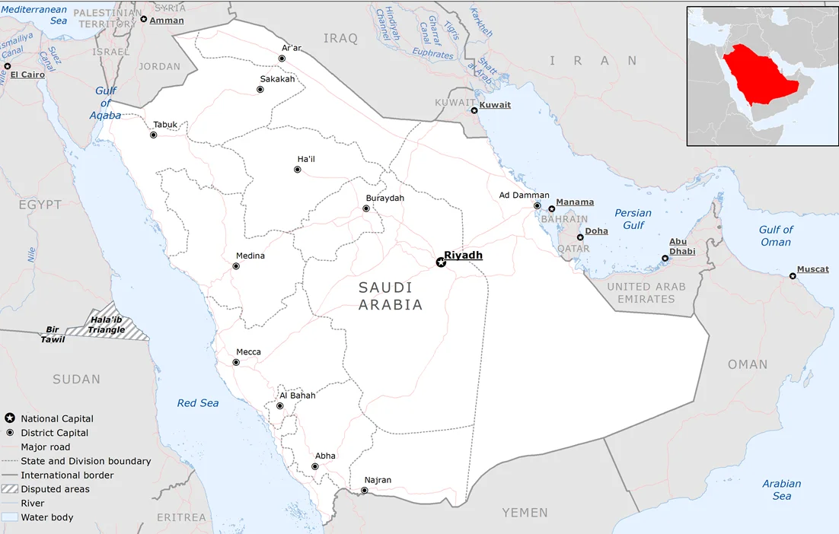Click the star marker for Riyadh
pos(440,262)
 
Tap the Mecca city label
pos(248,352)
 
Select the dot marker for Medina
pos(236,266)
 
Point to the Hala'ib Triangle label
pos(107,325)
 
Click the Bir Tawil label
pos(53,335)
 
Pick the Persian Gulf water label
pos(633,219)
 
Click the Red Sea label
pos(198,403)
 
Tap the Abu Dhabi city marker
pos(665,259)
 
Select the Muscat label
pos(812,269)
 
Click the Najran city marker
pos(364,491)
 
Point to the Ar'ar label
pos(292,48)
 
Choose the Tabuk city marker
pos(153,135)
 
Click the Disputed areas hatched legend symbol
pos(9,489)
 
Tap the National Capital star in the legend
pos(9,418)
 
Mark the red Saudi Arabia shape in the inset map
pos(761,76)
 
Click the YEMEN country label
pos(525,513)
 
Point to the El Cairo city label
pos(27,75)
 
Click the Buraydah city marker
pos(366,208)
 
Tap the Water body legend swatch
pos(9,517)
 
